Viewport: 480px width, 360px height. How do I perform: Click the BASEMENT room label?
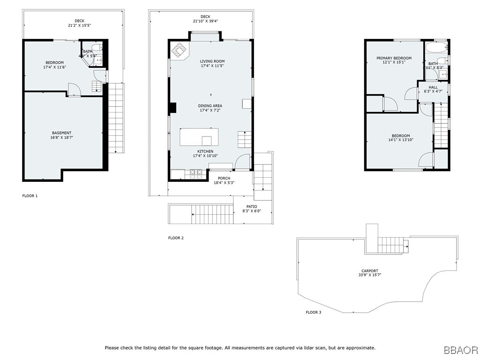coord(61,133)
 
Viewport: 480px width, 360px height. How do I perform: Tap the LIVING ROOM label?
coord(212,61)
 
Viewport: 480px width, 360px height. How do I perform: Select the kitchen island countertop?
coord(199,137)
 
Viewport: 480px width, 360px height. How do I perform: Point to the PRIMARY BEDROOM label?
coord(394,58)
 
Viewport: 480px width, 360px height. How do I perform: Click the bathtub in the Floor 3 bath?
coord(436,47)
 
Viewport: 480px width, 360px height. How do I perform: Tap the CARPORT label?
coord(370,271)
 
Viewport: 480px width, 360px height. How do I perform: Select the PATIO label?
coord(252,207)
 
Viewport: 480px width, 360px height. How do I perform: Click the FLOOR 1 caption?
coord(30,195)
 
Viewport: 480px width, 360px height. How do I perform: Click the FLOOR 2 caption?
coord(176,238)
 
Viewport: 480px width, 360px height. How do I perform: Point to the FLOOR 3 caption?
coord(314,312)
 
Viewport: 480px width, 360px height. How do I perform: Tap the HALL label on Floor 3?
coord(433,87)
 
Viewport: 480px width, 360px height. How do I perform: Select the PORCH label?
coord(224,178)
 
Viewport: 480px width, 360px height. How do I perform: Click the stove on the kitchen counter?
coord(196,174)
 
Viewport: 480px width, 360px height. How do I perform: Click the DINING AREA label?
coord(210,106)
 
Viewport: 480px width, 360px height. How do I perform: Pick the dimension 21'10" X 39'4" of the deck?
coord(205,21)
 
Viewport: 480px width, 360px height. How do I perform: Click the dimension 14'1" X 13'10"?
coord(401,140)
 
